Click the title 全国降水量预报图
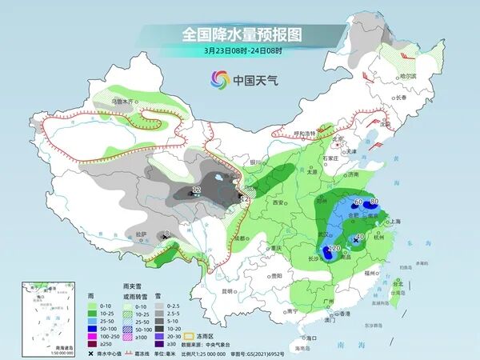tap(239, 34)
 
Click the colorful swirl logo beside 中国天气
tap(220, 79)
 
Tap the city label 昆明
tap(231, 290)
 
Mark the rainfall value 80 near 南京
tap(374, 201)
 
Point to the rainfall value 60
tap(358, 202)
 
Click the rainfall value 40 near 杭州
tap(360, 236)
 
